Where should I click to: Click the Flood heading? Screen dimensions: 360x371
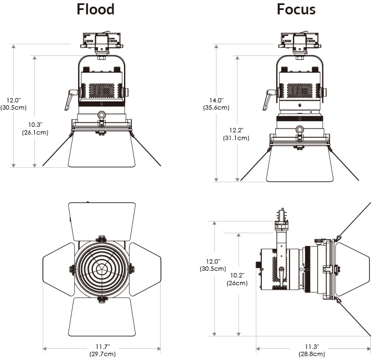tap(96, 9)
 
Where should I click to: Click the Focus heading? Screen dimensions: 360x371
tap(296, 9)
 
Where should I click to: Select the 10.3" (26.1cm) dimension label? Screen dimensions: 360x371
tap(34, 128)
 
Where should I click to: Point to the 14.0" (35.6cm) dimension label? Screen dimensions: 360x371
tap(215, 104)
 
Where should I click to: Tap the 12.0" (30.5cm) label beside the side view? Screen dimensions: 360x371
tap(213, 265)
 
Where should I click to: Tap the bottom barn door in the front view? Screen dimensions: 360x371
tap(102, 317)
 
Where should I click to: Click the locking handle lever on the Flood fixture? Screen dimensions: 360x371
tap(69, 100)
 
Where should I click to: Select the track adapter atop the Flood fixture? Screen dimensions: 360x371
tap(101, 40)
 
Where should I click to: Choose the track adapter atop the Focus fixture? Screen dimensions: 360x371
tap(300, 40)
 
